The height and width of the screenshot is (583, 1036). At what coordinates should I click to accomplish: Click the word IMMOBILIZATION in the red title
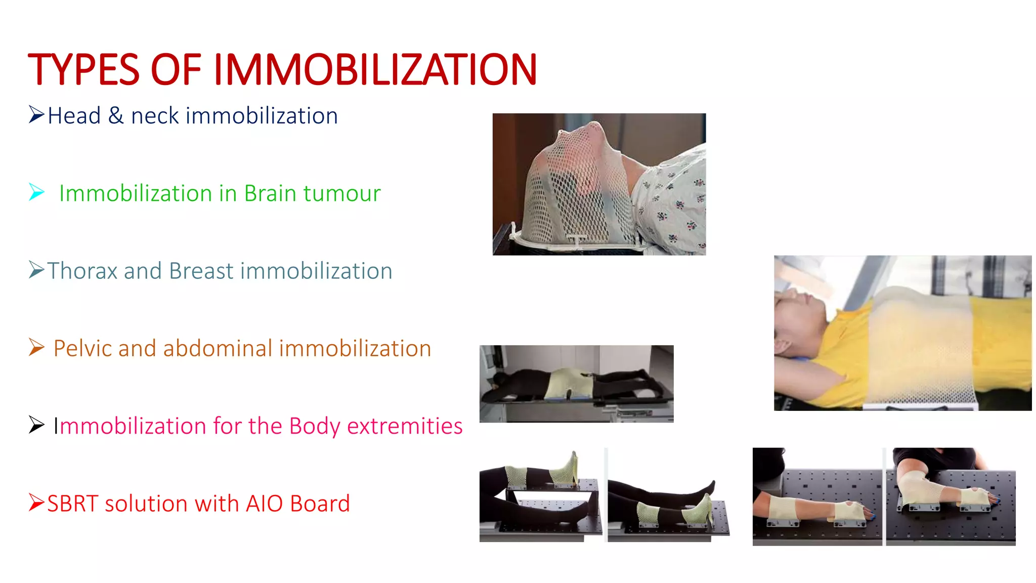tap(375, 70)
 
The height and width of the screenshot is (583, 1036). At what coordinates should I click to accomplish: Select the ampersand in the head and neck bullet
tap(116, 116)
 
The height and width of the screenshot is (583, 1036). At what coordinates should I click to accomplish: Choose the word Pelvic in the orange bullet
tap(82, 349)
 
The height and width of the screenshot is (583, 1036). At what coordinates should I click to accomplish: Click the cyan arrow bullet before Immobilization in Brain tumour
tap(36, 192)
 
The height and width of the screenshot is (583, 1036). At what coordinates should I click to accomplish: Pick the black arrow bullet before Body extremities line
tap(36, 425)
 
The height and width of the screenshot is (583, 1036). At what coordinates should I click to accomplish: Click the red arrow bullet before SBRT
tap(36, 503)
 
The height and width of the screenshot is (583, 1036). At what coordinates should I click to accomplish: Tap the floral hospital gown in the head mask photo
tap(673, 202)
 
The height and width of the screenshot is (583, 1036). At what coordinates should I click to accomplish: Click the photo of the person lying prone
tap(576, 384)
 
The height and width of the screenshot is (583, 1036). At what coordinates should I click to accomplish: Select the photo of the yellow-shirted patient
tap(902, 333)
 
